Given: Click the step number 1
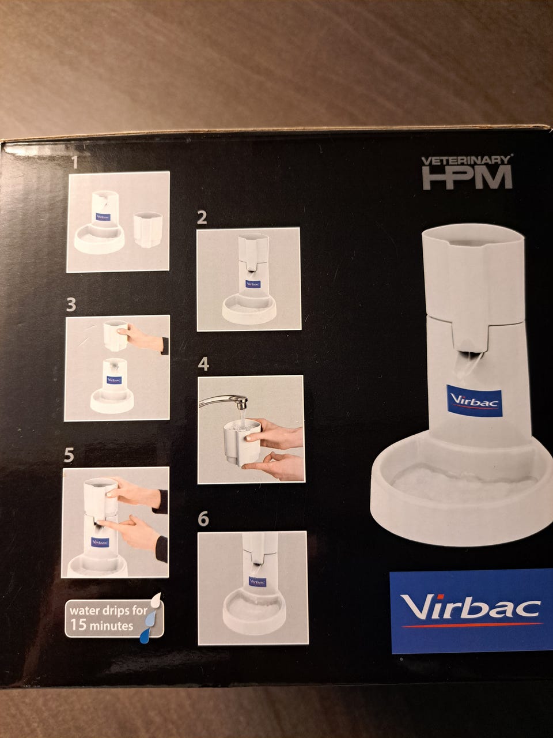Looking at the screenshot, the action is tap(75, 163).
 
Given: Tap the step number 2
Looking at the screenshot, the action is tap(202, 218).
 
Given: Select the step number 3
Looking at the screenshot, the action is tap(71, 304).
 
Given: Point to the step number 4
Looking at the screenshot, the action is tap(203, 364).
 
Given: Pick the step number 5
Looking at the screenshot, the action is tap(69, 455).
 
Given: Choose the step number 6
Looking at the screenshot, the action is tap(203, 518).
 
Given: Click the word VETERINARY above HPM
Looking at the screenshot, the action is tap(467, 160).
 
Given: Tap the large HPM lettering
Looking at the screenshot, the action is tap(467, 178).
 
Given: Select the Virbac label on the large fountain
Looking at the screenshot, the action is tap(474, 401).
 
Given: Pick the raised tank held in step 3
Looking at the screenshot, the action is tap(116, 335).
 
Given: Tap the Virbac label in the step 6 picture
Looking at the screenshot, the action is tap(257, 582).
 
